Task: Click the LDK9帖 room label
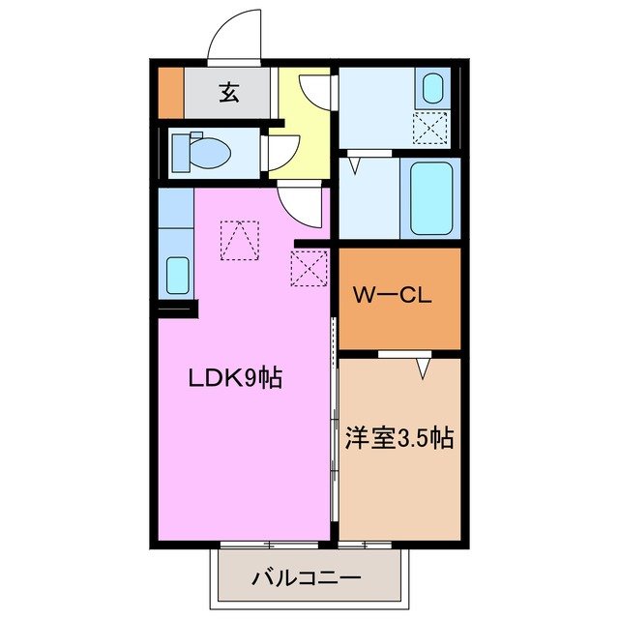click(x=234, y=379)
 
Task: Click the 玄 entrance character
click(x=229, y=93)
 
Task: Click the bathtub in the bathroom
click(x=432, y=198)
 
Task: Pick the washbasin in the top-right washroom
click(x=431, y=89)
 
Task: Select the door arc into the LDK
click(x=295, y=204)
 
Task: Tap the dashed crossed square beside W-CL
click(x=309, y=268)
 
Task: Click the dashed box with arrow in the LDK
click(x=240, y=241)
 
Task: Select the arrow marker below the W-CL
click(x=423, y=368)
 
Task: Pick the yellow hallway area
click(x=302, y=135)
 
